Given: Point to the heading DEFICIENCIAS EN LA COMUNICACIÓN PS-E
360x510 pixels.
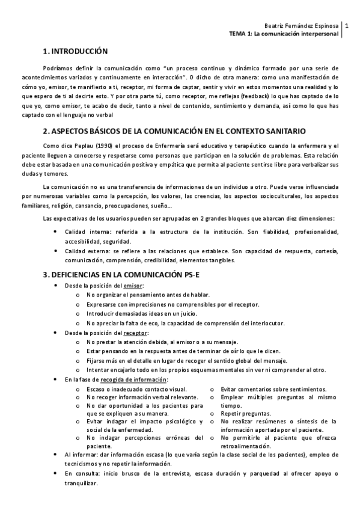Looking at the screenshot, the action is pos(127,274).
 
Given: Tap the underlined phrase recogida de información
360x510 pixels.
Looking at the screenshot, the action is pos(133,379).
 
